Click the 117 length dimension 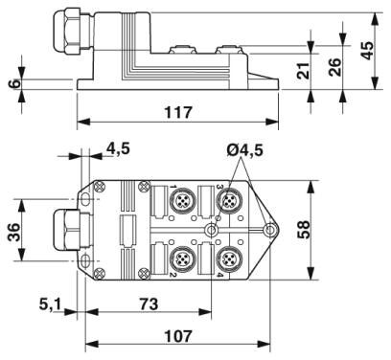coord(177,113)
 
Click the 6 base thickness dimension coord(12,83)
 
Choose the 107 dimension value coord(175,338)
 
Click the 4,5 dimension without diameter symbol coord(121,149)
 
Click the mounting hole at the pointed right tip coord(272,231)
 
